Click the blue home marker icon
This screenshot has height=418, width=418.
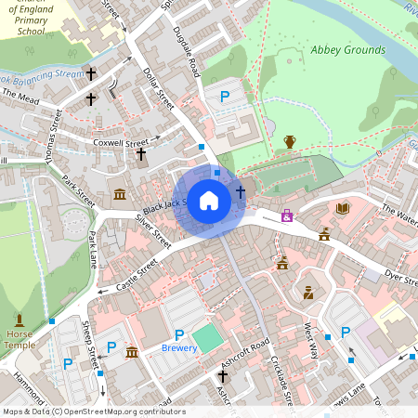(209, 201)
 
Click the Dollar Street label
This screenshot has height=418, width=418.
(160, 87)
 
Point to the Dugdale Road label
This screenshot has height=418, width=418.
(187, 51)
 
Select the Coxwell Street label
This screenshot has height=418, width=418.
(121, 144)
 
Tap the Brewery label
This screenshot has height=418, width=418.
(179, 347)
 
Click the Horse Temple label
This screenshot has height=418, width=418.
(20, 339)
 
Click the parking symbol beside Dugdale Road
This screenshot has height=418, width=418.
(224, 96)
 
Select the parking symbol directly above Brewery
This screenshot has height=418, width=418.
(179, 334)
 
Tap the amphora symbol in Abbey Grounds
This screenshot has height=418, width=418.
(290, 141)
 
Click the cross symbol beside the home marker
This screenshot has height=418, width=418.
(241, 191)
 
